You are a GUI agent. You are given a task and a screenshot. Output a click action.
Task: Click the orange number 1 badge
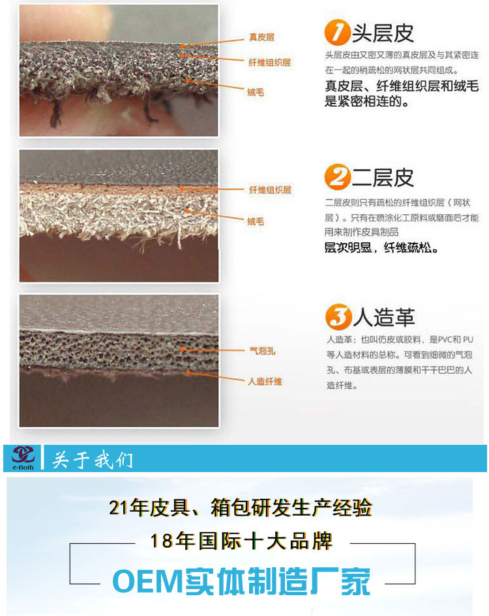tap(336, 32)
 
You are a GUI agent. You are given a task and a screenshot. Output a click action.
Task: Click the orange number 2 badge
tap(337, 176)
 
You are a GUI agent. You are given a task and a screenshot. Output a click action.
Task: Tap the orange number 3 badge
tap(338, 316)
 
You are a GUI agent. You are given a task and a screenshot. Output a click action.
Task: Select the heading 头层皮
tap(382, 33)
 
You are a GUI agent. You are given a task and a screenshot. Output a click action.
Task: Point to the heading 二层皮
tap(382, 178)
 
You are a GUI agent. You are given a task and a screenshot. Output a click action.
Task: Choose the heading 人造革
tap(384, 317)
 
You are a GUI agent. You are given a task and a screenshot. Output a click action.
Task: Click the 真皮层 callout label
tap(261, 37)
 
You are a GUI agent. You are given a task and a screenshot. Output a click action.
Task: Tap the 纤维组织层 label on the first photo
tap(269, 62)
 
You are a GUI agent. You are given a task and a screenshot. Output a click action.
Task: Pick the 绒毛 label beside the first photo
tap(256, 92)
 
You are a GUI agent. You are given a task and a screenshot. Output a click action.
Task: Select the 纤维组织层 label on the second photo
tap(270, 190)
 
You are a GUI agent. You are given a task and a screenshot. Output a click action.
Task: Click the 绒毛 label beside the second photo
tap(256, 221)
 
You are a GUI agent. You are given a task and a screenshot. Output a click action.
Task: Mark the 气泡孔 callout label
tap(262, 351)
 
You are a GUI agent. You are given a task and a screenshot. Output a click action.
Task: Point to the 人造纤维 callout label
tap(265, 382)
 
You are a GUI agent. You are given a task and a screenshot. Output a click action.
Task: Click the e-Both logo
tap(23, 458)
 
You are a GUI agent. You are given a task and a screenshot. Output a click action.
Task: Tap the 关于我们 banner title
tap(93, 460)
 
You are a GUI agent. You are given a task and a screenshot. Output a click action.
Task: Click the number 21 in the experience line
tap(119, 508)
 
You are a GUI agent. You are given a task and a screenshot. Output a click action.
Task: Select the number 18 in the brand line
tap(161, 541)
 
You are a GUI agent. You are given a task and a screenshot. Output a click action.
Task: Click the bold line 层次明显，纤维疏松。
tap(381, 248)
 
